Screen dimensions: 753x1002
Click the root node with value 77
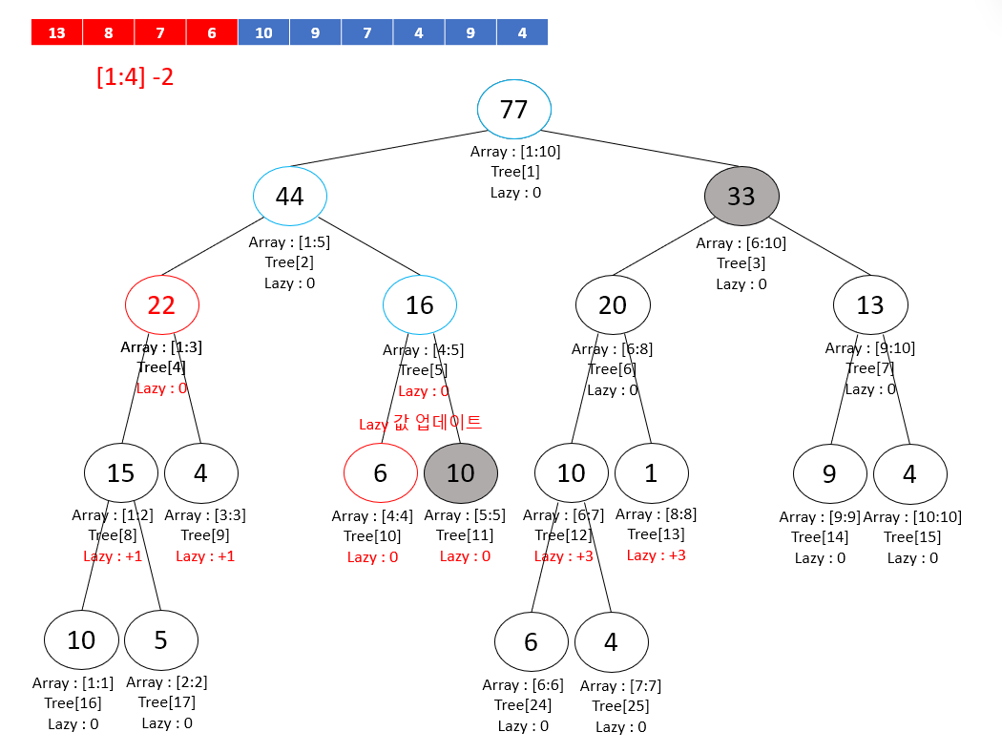[513, 110]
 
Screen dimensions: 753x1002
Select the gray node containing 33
[741, 196]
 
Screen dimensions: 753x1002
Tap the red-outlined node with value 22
[161, 305]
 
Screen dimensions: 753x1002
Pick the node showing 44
[290, 196]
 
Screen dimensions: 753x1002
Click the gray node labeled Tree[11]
[460, 472]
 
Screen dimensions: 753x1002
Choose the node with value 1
[651, 472]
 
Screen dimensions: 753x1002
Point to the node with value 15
[120, 472]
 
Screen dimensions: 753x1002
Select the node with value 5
[160, 639]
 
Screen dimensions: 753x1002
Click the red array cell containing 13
[56, 32]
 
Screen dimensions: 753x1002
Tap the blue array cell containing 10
[263, 32]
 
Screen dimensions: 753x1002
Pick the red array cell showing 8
[108, 32]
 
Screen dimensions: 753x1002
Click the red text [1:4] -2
[135, 77]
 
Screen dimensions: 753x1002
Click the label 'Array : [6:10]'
[741, 242]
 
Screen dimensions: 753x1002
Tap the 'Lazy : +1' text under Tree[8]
[113, 555]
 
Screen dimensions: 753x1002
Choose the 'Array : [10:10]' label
[912, 516]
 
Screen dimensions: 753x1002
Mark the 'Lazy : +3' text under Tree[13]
[656, 554]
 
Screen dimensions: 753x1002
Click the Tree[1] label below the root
[515, 172]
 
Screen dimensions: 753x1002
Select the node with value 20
[613, 305]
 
